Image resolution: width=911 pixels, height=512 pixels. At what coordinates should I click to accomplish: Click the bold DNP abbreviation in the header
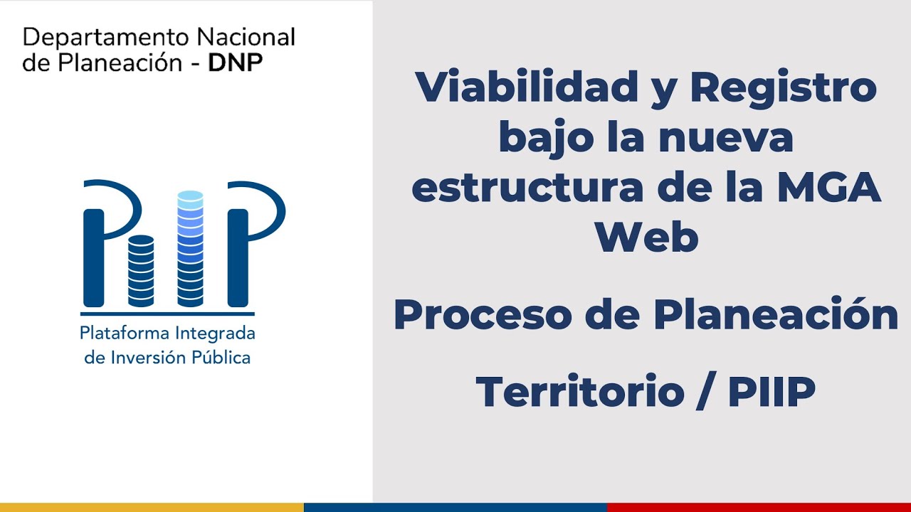click(x=235, y=63)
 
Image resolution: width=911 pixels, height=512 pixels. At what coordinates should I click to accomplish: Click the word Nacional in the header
click(x=245, y=37)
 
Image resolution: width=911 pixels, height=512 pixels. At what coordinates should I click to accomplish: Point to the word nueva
click(x=726, y=138)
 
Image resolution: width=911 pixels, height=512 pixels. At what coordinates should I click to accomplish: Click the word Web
click(x=646, y=238)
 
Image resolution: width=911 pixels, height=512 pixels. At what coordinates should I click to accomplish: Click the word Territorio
click(x=579, y=391)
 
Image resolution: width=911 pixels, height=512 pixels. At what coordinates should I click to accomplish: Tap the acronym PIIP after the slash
click(x=772, y=391)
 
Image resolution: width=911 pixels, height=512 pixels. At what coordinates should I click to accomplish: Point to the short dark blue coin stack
click(x=141, y=270)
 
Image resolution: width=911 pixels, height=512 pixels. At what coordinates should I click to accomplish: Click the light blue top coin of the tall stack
click(x=190, y=196)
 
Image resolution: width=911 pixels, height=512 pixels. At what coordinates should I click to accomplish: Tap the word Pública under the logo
click(x=221, y=357)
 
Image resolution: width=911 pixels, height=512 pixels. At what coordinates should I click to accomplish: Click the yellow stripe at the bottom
click(x=152, y=507)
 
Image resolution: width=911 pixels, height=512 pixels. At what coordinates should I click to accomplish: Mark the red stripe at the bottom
click(x=759, y=507)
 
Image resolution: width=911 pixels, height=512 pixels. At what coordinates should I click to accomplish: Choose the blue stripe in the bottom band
click(x=455, y=507)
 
